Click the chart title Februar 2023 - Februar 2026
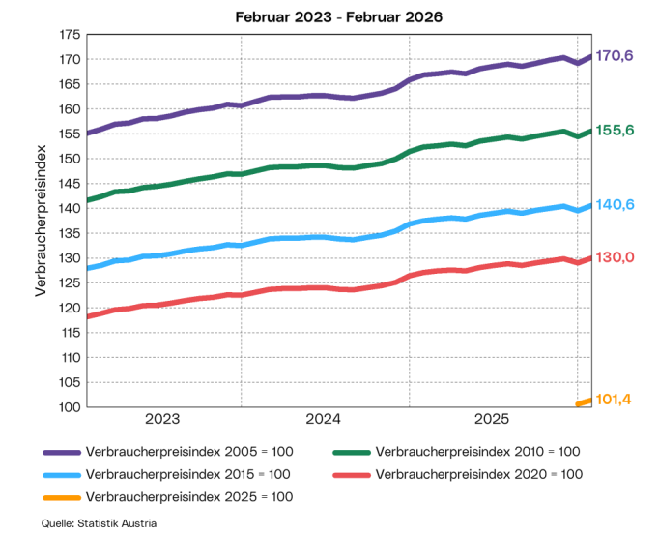[x=329, y=16]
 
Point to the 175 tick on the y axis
[x=69, y=34]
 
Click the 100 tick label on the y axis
[x=69, y=407]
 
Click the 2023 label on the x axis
[x=162, y=419]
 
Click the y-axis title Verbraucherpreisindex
[x=41, y=221]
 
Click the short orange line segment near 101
[x=584, y=402]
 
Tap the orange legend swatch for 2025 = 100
[x=61, y=497]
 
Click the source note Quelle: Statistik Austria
[x=100, y=523]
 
